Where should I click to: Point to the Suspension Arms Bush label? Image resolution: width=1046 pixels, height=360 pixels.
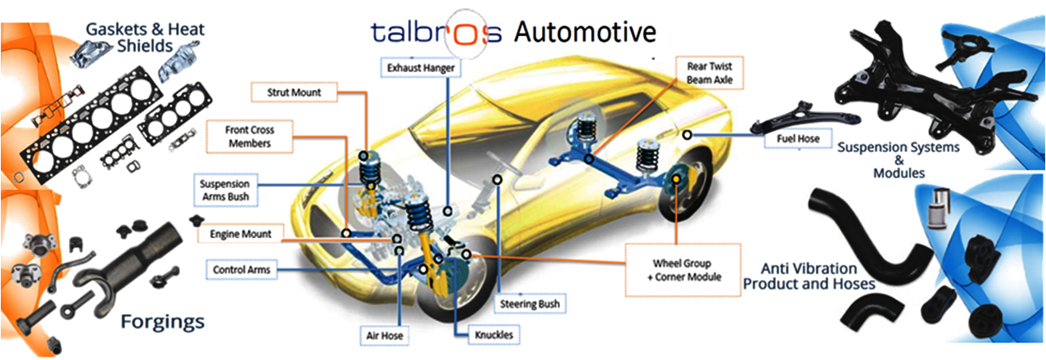(x=225, y=189)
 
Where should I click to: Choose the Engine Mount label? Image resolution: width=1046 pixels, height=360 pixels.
(x=235, y=234)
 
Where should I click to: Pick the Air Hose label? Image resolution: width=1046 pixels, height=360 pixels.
(x=385, y=335)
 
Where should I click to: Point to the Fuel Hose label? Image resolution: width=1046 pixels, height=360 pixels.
(x=791, y=139)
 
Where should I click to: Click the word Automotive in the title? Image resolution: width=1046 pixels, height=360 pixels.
(x=584, y=32)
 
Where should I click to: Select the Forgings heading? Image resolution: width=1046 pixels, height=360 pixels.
(x=162, y=321)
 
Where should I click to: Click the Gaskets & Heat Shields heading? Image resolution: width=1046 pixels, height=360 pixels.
(x=145, y=37)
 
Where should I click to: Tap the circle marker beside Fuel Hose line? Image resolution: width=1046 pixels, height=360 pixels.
(x=688, y=133)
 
